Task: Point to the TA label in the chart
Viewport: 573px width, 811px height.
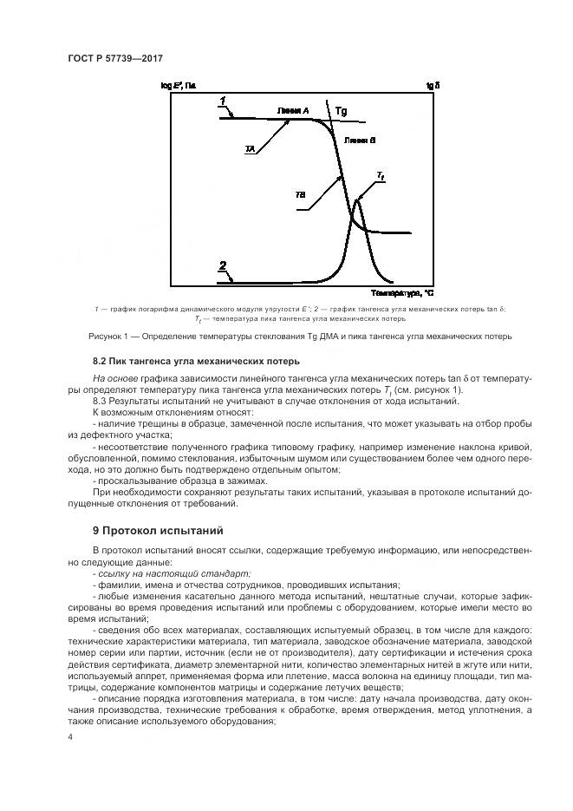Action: (250, 149)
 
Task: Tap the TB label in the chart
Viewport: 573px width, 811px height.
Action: (300, 195)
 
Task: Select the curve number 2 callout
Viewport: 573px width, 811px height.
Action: (223, 267)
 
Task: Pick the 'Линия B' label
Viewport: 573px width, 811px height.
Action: (359, 139)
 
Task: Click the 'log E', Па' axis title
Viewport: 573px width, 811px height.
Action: (179, 85)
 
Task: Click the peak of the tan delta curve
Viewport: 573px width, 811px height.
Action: (357, 200)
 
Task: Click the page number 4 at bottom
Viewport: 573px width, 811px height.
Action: (69, 736)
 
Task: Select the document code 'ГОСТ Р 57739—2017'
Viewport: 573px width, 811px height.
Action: (115, 58)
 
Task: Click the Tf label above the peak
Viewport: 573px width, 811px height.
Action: (380, 176)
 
